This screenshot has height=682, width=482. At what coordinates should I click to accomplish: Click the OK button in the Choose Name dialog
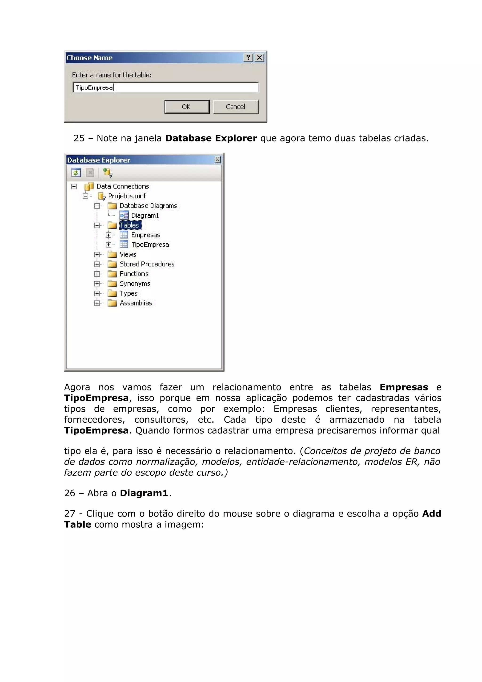(x=187, y=107)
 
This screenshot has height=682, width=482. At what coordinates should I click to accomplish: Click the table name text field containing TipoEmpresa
(x=166, y=87)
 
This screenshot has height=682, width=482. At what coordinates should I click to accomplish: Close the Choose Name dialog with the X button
(x=259, y=58)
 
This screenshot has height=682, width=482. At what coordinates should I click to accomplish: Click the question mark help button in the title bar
(x=248, y=58)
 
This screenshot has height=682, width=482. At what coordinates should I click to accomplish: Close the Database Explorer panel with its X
(x=217, y=160)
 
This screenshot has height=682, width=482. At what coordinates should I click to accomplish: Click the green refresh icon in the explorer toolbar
(x=76, y=173)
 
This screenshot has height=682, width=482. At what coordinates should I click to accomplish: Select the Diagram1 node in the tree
(x=145, y=215)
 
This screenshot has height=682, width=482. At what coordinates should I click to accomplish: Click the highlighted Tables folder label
(x=129, y=225)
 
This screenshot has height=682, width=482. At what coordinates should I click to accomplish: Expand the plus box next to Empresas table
(x=108, y=235)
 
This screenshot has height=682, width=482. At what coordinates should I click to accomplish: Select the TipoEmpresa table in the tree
(x=150, y=245)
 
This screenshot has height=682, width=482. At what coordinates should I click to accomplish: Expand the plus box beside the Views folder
(x=97, y=255)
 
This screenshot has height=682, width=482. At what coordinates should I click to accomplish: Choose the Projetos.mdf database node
(x=127, y=196)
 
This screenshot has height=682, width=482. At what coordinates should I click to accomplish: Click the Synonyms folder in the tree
(x=135, y=284)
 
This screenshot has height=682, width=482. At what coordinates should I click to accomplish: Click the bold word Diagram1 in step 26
(x=144, y=493)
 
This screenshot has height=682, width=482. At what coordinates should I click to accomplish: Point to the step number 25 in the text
(x=79, y=138)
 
